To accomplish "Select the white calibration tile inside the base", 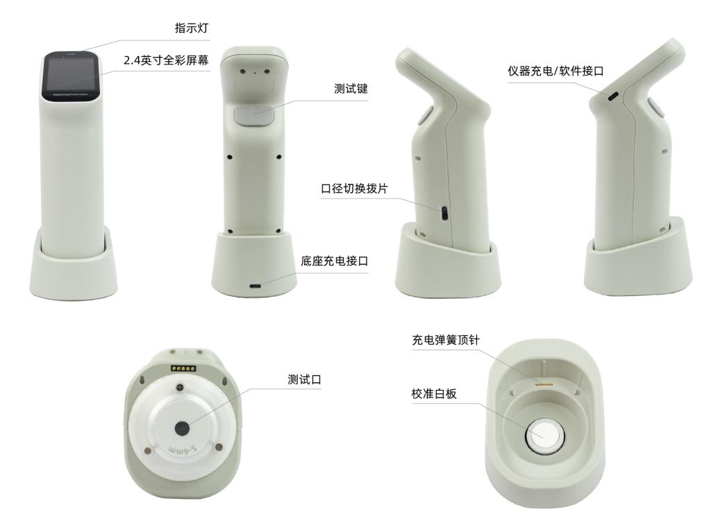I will coord(542,436).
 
